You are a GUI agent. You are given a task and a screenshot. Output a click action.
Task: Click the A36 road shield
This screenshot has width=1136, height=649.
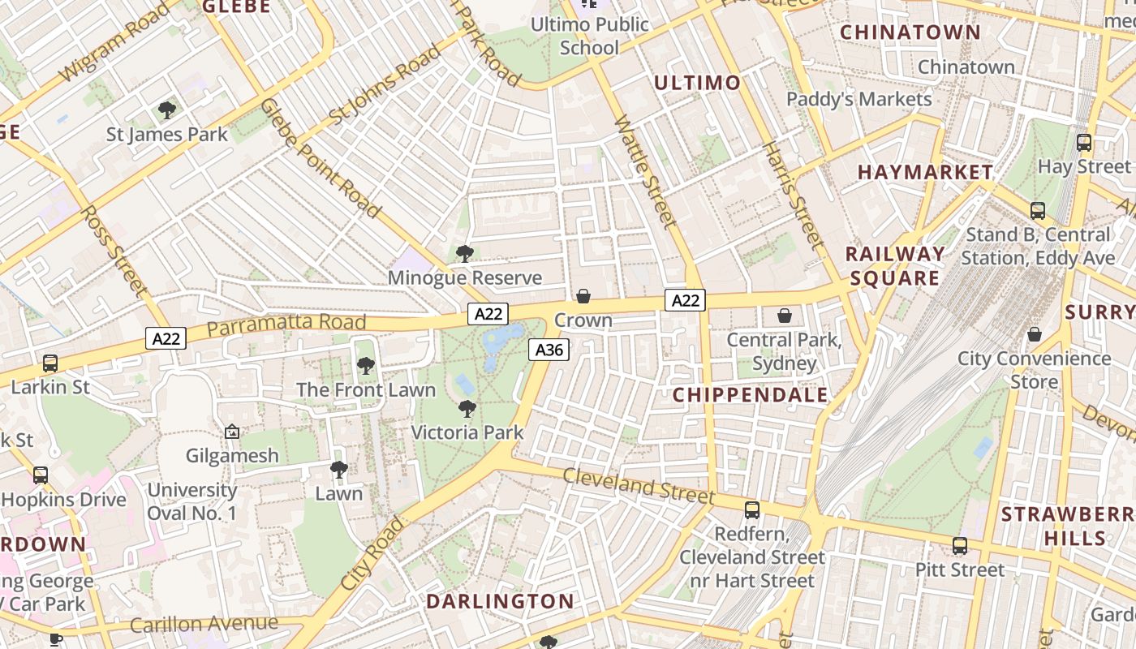(x=549, y=350)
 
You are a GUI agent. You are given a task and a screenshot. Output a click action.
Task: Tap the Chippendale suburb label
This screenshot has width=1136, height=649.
(x=751, y=395)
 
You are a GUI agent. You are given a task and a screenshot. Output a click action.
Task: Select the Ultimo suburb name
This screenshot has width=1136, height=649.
(x=697, y=83)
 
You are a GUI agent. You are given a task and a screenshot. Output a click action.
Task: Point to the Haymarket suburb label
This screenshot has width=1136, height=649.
(x=925, y=172)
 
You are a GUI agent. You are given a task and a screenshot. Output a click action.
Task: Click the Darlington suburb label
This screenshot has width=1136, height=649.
(x=500, y=601)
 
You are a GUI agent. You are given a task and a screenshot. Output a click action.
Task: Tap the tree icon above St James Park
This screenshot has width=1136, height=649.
(x=167, y=110)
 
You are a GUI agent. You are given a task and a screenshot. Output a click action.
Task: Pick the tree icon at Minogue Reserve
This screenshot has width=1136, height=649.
(x=465, y=254)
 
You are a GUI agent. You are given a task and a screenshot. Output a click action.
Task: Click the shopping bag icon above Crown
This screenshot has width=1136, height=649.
(x=583, y=296)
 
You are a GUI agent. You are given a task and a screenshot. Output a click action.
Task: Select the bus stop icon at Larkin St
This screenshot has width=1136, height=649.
(x=50, y=363)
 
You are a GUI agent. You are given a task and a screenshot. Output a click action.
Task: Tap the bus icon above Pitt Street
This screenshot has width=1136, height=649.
(x=960, y=546)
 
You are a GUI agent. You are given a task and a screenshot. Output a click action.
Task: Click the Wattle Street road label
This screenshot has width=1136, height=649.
(x=645, y=171)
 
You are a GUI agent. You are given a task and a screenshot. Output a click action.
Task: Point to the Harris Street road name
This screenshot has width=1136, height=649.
(x=794, y=196)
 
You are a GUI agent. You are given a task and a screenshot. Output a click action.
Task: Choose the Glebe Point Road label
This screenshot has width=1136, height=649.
(x=321, y=158)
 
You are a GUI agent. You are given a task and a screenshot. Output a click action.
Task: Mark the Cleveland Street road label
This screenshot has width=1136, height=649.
(x=639, y=485)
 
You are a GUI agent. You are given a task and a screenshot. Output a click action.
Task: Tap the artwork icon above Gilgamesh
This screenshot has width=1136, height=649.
(x=232, y=432)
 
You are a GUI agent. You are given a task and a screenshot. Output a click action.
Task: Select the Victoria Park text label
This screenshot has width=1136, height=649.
(x=467, y=432)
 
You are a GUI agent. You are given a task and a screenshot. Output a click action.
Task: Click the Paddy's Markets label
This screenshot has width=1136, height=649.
(x=859, y=99)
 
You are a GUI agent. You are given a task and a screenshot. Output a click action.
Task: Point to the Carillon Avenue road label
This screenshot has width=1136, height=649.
(x=204, y=624)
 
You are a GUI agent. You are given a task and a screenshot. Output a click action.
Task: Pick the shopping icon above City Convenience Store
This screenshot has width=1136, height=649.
(x=1035, y=334)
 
